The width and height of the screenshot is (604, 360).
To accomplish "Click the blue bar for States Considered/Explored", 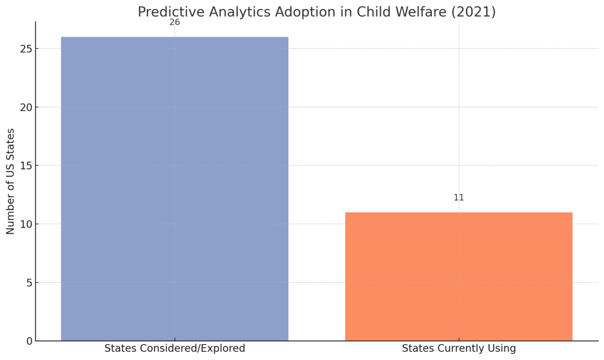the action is (175, 189).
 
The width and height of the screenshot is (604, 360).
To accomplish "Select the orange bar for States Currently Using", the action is (459, 276).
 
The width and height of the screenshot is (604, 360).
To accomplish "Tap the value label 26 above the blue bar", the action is (175, 22).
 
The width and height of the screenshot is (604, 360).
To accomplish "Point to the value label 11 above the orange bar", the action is (459, 198).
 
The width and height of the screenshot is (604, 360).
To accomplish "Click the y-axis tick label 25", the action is (26, 49).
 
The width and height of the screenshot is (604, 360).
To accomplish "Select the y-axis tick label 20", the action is (26, 107).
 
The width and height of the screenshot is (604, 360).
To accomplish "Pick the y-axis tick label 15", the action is (26, 166).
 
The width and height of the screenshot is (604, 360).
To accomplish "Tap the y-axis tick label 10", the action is (26, 224).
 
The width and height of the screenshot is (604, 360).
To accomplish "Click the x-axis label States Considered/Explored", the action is (175, 348).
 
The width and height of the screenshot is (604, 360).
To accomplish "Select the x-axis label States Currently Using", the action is (459, 348).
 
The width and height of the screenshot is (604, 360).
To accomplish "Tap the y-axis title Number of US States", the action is (11, 181).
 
